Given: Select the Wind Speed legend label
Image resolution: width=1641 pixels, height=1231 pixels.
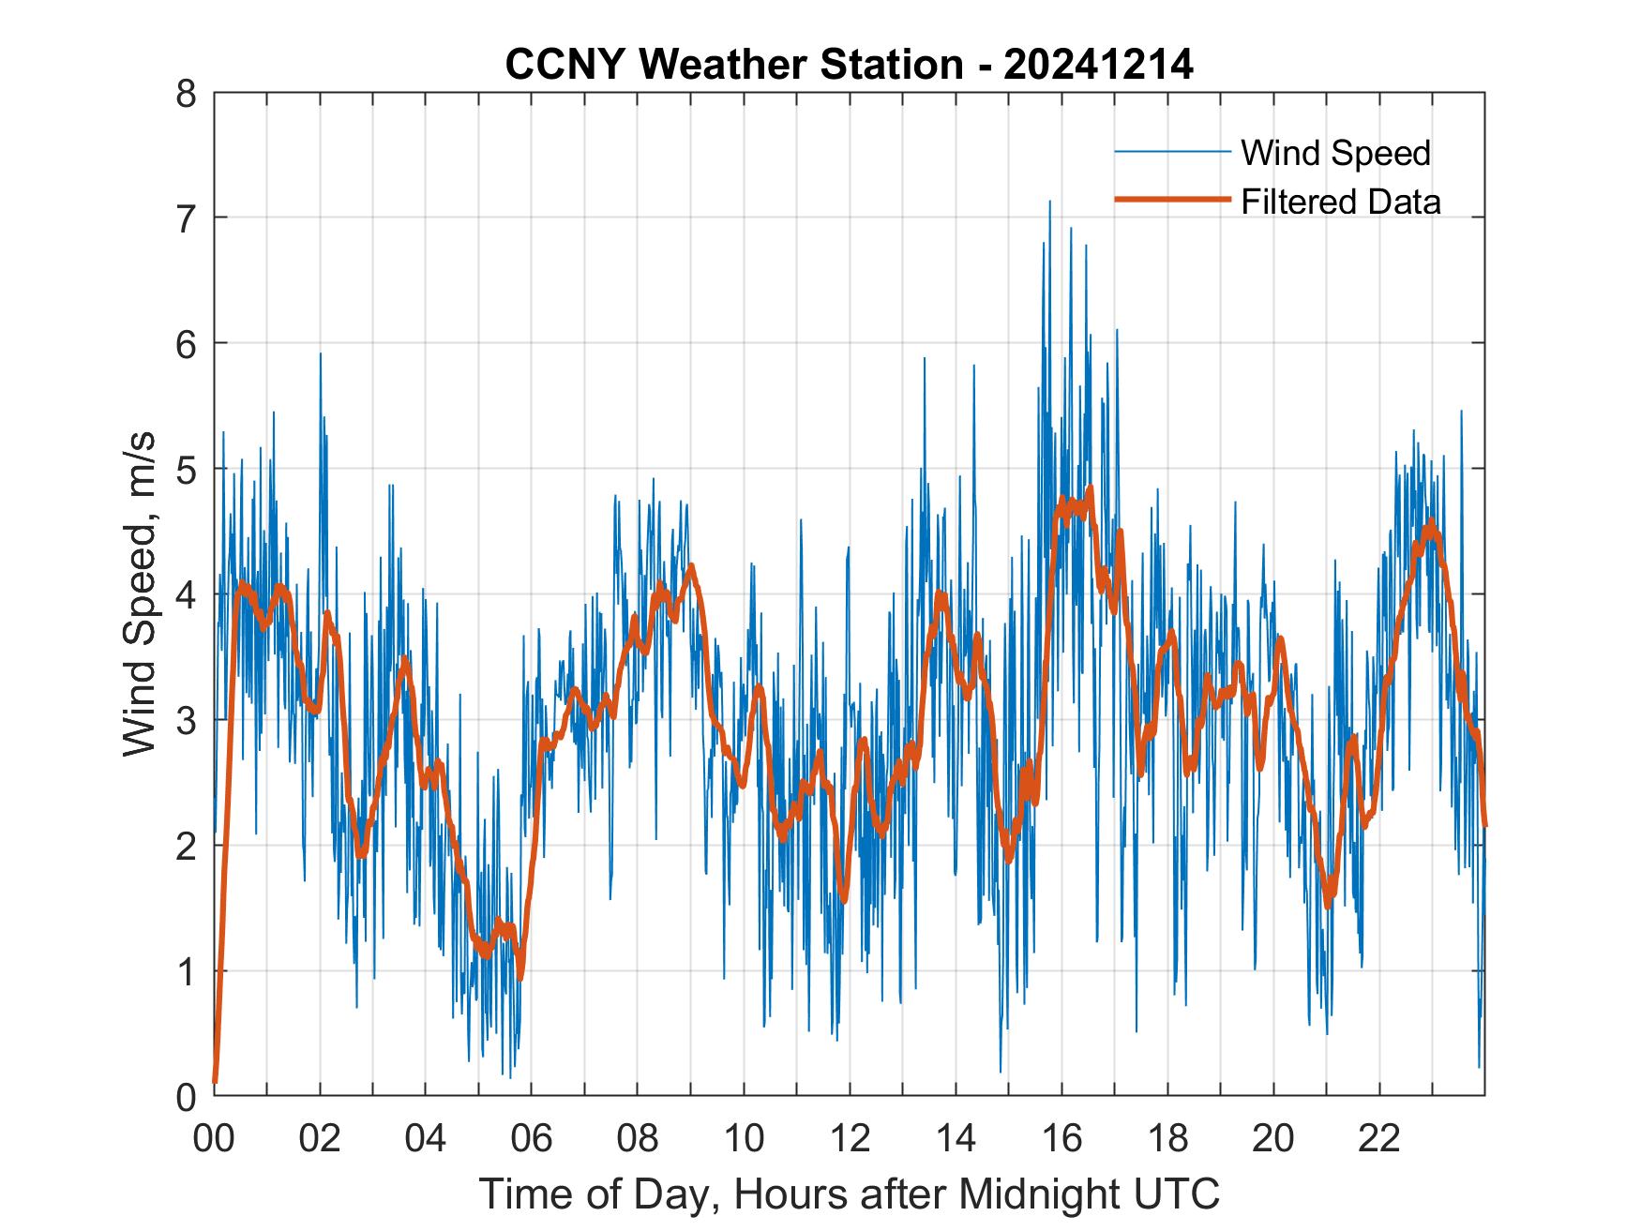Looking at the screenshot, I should click(1335, 153).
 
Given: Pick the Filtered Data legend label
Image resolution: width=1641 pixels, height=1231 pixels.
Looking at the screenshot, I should click(1340, 202).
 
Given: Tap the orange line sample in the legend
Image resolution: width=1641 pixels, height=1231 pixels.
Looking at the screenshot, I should click(1172, 200).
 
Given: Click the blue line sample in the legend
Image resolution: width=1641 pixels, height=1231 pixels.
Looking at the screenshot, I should click(1172, 152).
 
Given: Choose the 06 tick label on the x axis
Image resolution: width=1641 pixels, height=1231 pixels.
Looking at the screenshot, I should click(532, 1138).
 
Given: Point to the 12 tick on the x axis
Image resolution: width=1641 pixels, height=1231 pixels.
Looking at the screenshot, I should click(850, 1138).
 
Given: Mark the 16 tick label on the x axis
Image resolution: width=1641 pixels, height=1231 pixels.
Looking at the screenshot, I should click(1061, 1138).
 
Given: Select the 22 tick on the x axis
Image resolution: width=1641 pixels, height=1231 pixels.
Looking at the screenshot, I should click(1379, 1138).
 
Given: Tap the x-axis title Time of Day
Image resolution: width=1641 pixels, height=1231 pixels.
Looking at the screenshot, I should click(850, 1193).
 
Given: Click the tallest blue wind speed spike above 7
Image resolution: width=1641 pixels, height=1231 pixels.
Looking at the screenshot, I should click(1049, 203).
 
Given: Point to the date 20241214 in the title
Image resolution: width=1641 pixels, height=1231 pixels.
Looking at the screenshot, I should click(1098, 66).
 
